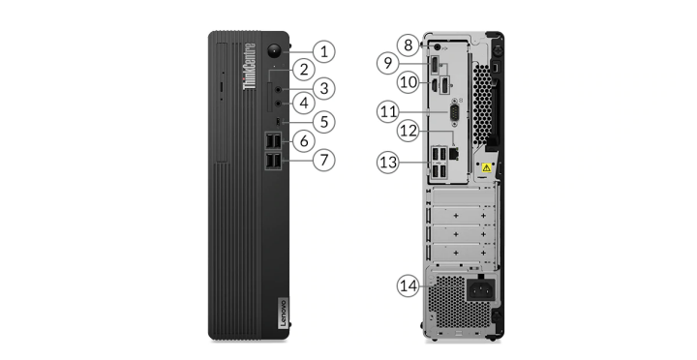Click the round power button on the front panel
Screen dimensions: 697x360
coord(275,50)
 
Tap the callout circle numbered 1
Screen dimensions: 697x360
coord(324,51)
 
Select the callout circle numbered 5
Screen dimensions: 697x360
coord(324,122)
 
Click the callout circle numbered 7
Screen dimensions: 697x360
coord(324,160)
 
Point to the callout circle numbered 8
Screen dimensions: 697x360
coord(409,45)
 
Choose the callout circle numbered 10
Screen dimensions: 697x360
coord(409,82)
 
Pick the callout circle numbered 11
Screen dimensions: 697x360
coord(388,111)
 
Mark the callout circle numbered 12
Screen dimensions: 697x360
coord(409,131)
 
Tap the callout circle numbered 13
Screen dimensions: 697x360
coord(388,163)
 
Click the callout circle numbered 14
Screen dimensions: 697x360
coord(409,285)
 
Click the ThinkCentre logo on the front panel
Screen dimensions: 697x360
coord(250,66)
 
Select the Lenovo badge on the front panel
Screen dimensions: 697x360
coord(283,314)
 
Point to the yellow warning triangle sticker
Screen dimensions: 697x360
coord(487,168)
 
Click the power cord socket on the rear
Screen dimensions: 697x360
coord(481,290)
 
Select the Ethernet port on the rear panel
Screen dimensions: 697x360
coord(454,154)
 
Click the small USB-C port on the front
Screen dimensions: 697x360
coord(278,121)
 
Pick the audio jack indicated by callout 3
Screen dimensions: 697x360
coord(278,90)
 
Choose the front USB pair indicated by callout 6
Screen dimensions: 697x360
coord(273,141)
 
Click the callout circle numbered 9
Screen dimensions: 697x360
coord(388,63)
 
